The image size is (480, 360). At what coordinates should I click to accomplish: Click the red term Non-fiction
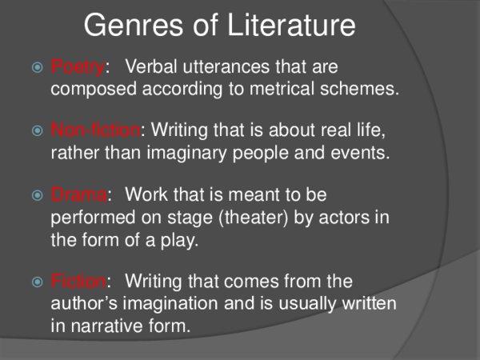point(94,130)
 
